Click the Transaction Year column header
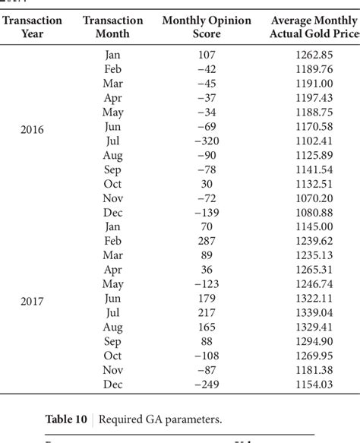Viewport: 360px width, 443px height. tap(33, 27)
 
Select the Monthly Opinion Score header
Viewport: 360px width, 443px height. tap(207, 27)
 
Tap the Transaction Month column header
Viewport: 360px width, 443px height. tap(113, 27)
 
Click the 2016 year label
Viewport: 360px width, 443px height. tap(33, 129)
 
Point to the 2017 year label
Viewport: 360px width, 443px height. tap(33, 301)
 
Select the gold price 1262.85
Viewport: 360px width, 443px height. tap(316, 55)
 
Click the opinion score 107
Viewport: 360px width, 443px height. tap(206, 55)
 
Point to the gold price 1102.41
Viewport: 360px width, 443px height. tap(316, 141)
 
